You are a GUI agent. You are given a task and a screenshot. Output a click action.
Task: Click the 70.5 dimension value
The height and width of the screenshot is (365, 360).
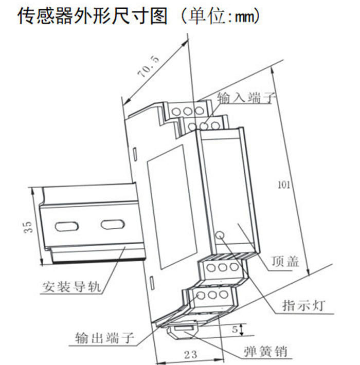[149, 66]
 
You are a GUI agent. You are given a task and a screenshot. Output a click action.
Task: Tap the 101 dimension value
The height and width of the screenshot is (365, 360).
[284, 185]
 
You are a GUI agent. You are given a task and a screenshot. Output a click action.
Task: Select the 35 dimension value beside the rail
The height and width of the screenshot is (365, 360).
[28, 227]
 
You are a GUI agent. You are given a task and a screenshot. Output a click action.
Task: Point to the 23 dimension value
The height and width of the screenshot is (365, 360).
[191, 355]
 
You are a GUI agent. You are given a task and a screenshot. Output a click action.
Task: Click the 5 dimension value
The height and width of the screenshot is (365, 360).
[235, 329]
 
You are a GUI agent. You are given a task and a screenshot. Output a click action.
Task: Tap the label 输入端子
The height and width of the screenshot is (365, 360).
[246, 97]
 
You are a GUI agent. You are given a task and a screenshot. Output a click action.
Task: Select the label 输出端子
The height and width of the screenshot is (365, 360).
[105, 338]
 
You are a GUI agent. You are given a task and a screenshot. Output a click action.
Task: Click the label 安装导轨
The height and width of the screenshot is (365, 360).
[71, 286]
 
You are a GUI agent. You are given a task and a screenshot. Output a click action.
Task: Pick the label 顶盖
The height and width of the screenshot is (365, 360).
[285, 261]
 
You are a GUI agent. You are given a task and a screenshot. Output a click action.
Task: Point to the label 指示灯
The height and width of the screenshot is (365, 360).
[303, 305]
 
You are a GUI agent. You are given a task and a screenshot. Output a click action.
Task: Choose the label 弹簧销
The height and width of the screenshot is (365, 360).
[265, 351]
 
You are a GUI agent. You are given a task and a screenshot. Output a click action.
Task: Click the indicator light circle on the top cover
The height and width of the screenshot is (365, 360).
[220, 235]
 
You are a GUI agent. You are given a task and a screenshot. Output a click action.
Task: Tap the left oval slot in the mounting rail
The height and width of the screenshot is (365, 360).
[66, 226]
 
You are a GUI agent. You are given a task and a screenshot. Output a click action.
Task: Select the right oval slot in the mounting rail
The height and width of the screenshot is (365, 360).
[113, 225]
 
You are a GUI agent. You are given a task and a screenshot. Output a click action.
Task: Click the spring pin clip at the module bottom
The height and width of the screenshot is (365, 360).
[183, 331]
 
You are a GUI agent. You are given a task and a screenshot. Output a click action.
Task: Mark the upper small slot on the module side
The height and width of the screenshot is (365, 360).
[135, 153]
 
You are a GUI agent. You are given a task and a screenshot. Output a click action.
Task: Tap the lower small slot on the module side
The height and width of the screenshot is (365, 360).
[152, 283]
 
